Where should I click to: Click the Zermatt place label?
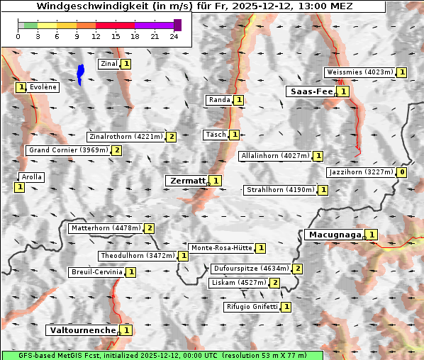(186, 181)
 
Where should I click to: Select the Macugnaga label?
(333, 235)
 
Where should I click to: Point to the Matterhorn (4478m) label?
(105, 228)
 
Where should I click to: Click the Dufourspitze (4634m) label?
(250, 269)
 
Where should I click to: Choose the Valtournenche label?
(82, 330)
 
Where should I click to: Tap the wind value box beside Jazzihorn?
(402, 172)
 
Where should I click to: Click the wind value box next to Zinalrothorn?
(171, 137)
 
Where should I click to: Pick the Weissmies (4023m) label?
(359, 72)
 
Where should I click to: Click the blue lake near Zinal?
(80, 73)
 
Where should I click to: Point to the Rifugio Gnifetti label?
(252, 307)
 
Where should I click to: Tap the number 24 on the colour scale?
(174, 36)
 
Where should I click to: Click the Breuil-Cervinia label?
(96, 272)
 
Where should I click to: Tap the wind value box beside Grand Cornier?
(116, 150)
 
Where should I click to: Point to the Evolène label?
(43, 87)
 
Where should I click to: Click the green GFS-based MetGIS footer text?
(162, 354)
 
